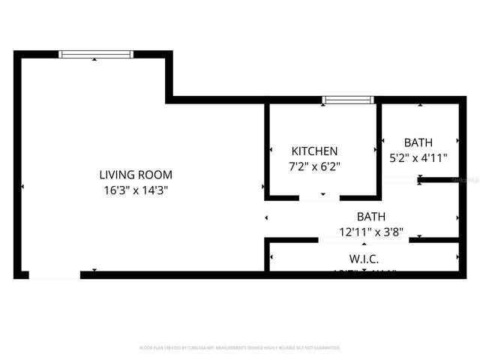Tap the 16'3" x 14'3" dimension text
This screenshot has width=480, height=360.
click(135, 190)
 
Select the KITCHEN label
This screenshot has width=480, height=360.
click(315, 151)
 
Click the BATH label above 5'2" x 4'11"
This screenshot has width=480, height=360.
click(418, 142)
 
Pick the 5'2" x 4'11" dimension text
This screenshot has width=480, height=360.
click(418, 158)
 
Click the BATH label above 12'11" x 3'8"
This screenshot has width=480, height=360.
click(371, 217)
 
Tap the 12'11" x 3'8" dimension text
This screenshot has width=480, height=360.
click(371, 232)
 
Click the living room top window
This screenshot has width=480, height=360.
click(97, 54)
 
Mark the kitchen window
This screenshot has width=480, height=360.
click(348, 100)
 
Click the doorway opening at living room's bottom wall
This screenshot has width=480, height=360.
click(54, 274)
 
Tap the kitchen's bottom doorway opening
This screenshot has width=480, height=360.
click(319, 199)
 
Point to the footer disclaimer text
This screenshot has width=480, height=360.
click(240, 348)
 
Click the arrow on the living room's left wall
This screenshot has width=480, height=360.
click(23, 186)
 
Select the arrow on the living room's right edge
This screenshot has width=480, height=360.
click(262, 186)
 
